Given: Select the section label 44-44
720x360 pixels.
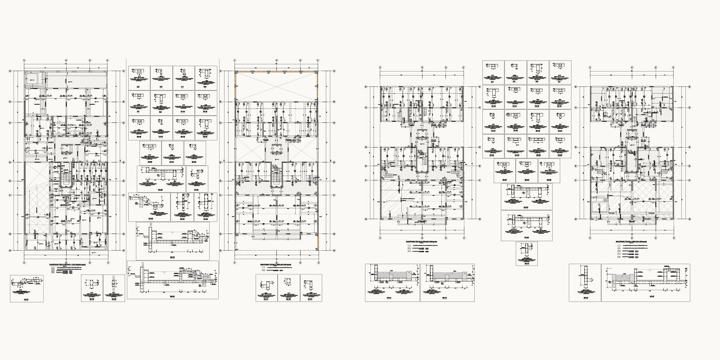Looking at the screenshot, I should point(392,297).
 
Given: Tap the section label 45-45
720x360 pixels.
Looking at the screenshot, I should point(447,297).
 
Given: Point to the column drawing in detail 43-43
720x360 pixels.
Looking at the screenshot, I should point(525,250).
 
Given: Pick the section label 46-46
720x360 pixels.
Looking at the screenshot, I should point(585,297).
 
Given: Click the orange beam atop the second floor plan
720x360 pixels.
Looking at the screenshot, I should point(276,71).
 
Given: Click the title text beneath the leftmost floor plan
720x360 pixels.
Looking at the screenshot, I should point(67,265).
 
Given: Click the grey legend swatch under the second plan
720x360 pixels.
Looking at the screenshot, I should point(264,270).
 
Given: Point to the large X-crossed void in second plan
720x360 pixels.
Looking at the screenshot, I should point(276,86).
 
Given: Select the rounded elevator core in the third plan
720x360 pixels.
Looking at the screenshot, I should point(422,152).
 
